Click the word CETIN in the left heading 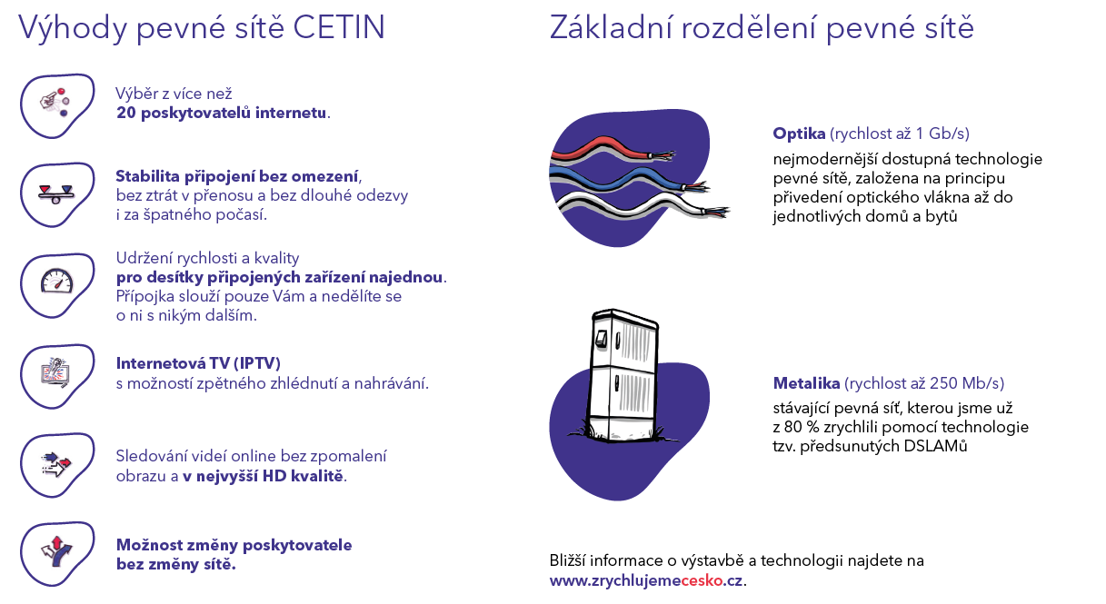(339, 27)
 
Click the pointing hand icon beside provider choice (55, 102)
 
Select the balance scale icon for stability (55, 194)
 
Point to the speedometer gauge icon (56, 281)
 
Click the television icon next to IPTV (55, 372)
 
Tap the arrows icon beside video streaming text (56, 464)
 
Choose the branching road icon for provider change (56, 552)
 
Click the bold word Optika (799, 134)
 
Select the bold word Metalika (806, 383)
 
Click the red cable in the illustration (611, 148)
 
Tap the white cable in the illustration (642, 203)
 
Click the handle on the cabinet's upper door (600, 339)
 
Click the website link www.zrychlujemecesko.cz (646, 580)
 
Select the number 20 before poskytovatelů (126, 113)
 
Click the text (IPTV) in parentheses (257, 363)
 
